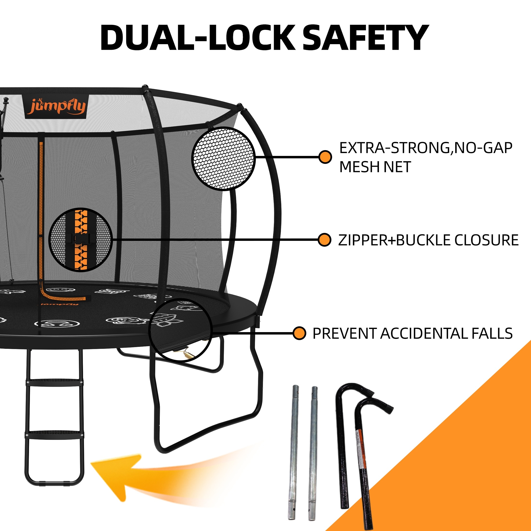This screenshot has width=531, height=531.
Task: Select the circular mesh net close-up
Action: [x=223, y=158]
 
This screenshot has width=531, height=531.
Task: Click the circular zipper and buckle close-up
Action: [x=80, y=239]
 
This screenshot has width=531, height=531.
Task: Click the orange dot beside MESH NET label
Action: [x=325, y=157]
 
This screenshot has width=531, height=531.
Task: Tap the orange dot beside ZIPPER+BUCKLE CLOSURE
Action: [x=324, y=240]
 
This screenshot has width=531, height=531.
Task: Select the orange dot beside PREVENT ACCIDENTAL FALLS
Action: [x=299, y=333]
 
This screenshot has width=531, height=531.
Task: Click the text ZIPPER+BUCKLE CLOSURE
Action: [x=428, y=240]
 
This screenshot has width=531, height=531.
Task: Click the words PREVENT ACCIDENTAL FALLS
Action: [x=412, y=333]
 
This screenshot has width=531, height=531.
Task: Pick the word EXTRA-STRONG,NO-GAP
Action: [x=426, y=148]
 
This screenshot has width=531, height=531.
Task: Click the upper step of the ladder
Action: [x=54, y=382]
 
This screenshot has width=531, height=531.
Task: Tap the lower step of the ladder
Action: [x=54, y=434]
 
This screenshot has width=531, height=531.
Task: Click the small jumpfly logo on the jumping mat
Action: [x=60, y=304]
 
